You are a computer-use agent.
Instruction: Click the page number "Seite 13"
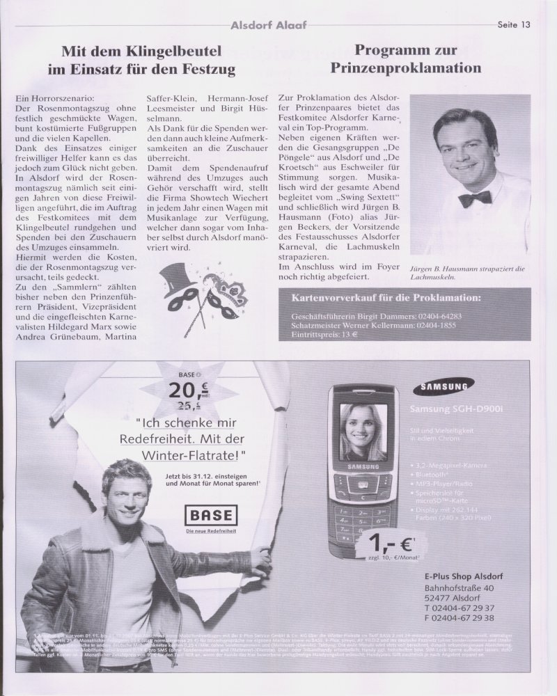click(x=515, y=24)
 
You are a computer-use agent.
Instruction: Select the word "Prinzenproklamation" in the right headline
click(x=405, y=68)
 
